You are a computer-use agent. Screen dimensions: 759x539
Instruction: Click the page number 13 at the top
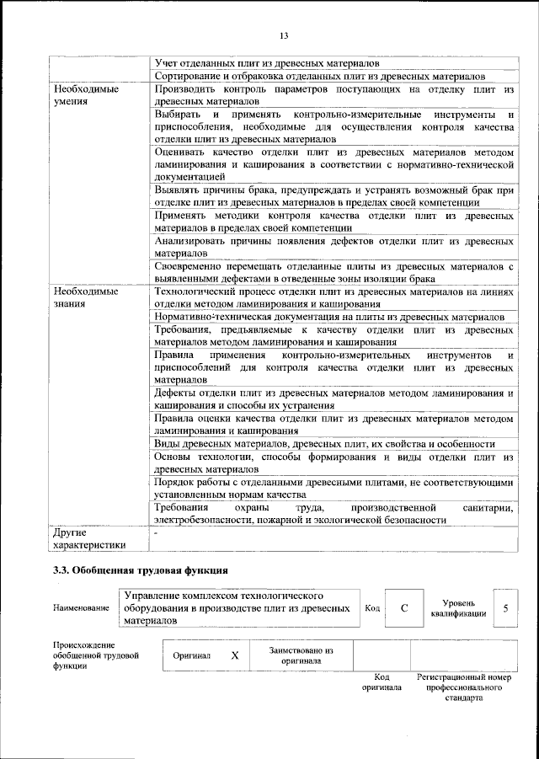coord(284,35)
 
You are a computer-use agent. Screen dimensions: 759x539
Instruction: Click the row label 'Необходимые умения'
coord(85,94)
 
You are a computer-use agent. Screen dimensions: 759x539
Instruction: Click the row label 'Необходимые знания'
coord(85,298)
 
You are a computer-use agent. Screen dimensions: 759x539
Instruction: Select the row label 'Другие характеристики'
coord(88,538)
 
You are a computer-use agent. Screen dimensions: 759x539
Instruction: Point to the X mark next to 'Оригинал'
coord(235,655)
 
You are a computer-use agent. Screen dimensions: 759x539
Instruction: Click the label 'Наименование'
coord(81,608)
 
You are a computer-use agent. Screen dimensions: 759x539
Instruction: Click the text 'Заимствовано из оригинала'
coord(302,655)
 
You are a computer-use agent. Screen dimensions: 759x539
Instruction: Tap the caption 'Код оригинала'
coord(382,682)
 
